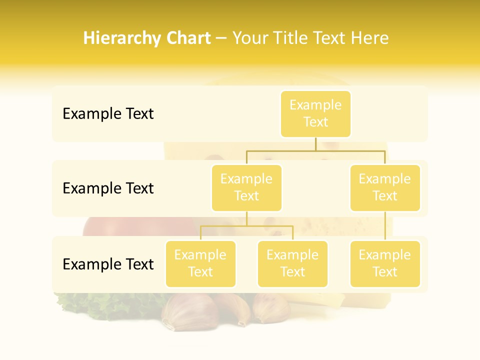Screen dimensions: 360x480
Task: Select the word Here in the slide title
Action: point(369,38)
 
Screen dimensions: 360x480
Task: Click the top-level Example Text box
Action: point(315,114)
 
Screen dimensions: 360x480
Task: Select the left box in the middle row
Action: point(246,188)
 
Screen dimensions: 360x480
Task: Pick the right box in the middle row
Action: point(385,188)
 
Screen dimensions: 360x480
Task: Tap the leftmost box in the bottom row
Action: point(200,264)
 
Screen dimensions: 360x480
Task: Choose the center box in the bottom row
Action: point(292,264)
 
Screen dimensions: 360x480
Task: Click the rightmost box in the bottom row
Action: point(385,264)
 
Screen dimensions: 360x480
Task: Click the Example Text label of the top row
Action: point(108,114)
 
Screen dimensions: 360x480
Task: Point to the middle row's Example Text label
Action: point(108,188)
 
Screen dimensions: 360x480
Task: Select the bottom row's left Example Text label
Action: point(108,264)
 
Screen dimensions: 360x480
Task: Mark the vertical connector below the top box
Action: point(315,144)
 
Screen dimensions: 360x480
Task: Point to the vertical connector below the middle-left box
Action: point(246,218)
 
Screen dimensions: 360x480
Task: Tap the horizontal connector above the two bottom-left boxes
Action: point(246,226)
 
